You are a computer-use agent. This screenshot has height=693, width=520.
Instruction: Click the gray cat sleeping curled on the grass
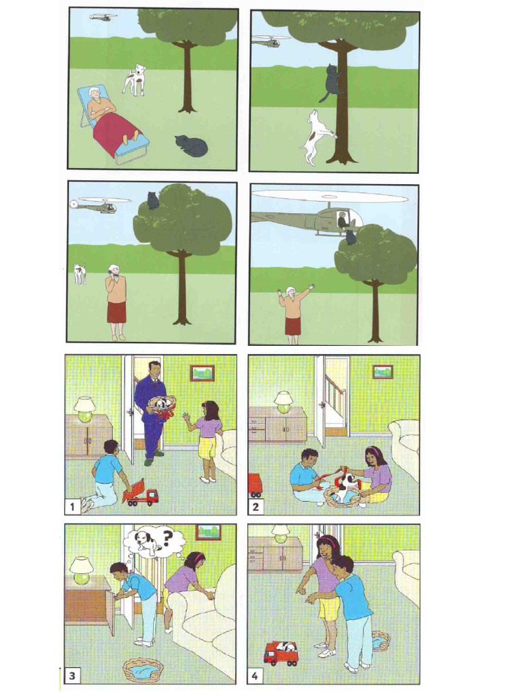tap(192, 146)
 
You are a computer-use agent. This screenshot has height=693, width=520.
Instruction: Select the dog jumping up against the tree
tap(318, 137)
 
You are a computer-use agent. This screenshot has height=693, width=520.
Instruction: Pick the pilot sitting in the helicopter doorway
tap(343, 220)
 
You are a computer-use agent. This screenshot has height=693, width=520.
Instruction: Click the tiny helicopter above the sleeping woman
tap(104, 17)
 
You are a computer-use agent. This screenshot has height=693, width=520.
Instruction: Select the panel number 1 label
tap(72, 506)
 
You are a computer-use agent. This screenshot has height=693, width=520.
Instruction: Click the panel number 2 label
tap(255, 506)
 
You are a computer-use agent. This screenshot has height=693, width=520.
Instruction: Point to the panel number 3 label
tap(72, 676)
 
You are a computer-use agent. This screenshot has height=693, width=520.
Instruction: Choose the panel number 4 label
tap(255, 676)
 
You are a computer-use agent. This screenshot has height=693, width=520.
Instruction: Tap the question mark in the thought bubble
tap(167, 538)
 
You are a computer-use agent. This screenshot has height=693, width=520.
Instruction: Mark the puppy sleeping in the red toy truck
tap(289, 648)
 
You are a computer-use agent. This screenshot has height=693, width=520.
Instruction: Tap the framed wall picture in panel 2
tap(383, 372)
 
